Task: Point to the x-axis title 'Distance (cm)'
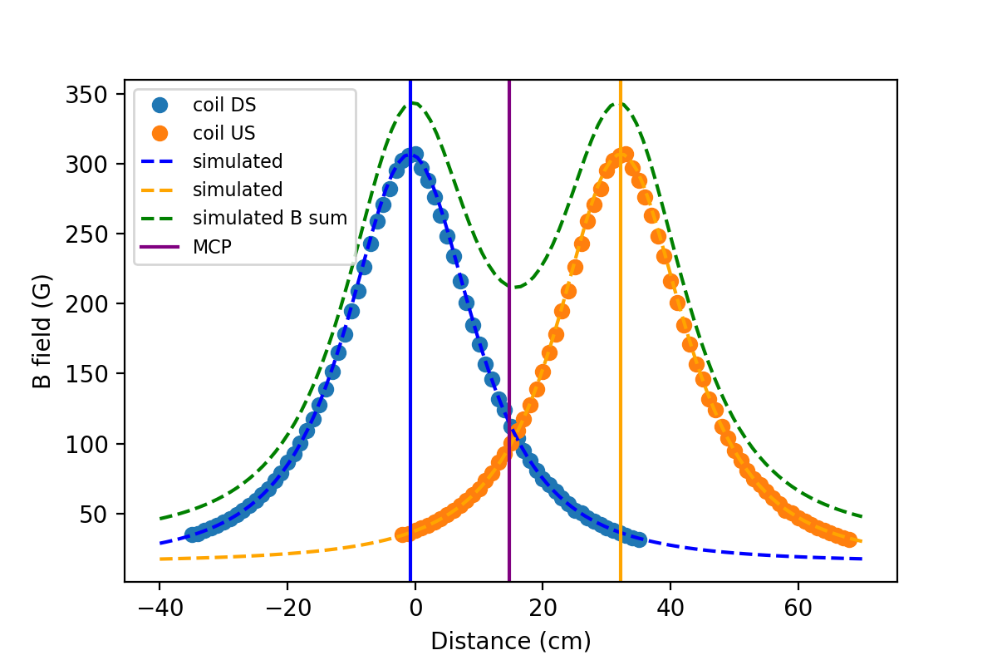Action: point(510,641)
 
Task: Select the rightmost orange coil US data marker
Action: point(848,540)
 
